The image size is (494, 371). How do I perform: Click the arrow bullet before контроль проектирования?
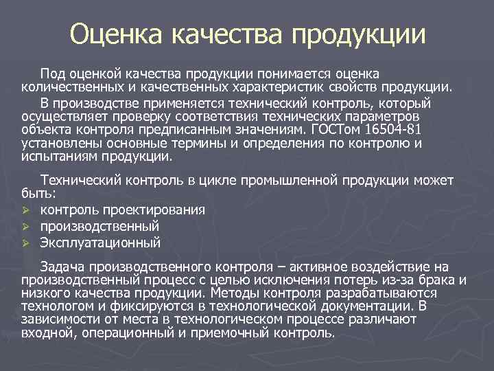pos(25,210)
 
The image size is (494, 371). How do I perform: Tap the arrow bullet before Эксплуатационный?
pos(25,243)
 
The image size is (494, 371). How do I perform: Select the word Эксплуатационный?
pos(100,243)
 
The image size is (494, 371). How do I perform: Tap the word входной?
pos(47,333)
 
